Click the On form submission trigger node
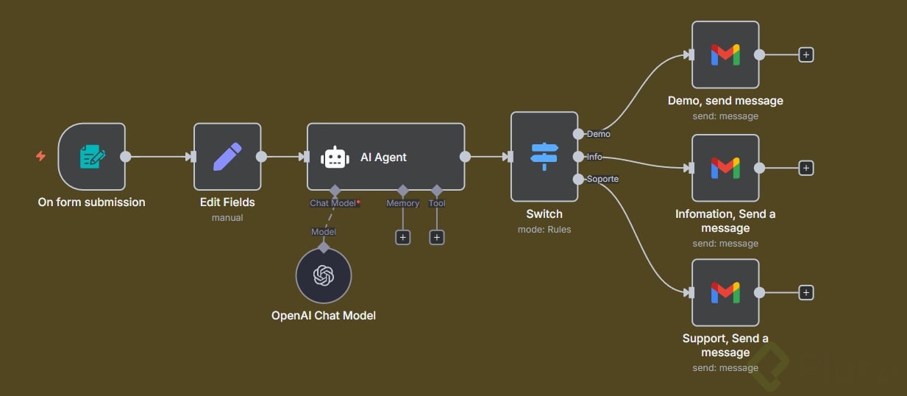(x=92, y=156)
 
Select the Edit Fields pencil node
(x=227, y=156)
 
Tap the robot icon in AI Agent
(x=335, y=157)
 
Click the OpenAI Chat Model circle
(x=324, y=276)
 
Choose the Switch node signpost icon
(x=544, y=156)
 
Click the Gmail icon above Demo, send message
(x=725, y=54)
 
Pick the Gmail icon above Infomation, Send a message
(x=725, y=168)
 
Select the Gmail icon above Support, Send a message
(x=725, y=292)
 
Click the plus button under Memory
(x=402, y=237)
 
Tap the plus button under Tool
(x=437, y=237)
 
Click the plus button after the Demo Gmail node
(x=806, y=54)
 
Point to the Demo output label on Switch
(x=598, y=134)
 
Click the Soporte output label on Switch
(x=602, y=179)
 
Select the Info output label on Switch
(x=594, y=157)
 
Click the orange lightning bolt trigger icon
(x=40, y=156)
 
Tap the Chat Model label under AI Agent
(x=334, y=203)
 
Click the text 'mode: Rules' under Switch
(x=544, y=229)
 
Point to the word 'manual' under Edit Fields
(x=227, y=217)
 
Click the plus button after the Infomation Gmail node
(x=806, y=168)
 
